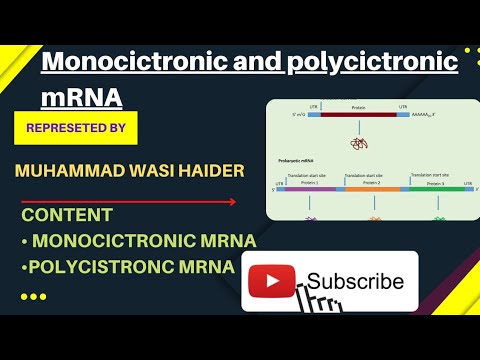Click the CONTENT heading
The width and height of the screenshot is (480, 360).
(x=67, y=215)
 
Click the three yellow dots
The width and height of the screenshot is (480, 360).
(x=33, y=296)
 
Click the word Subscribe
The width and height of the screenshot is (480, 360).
(x=356, y=282)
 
